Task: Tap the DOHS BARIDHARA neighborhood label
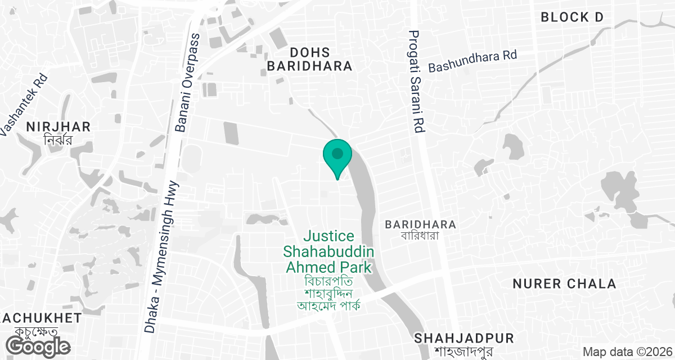[309, 58]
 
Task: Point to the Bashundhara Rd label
[472, 61]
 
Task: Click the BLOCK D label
[571, 17]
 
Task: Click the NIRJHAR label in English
[58, 126]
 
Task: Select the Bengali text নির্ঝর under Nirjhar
[58, 139]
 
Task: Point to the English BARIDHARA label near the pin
[420, 224]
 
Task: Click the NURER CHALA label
[564, 283]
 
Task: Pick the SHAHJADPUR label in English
[464, 338]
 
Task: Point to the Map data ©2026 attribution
[626, 352]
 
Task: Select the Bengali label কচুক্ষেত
[42, 332]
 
